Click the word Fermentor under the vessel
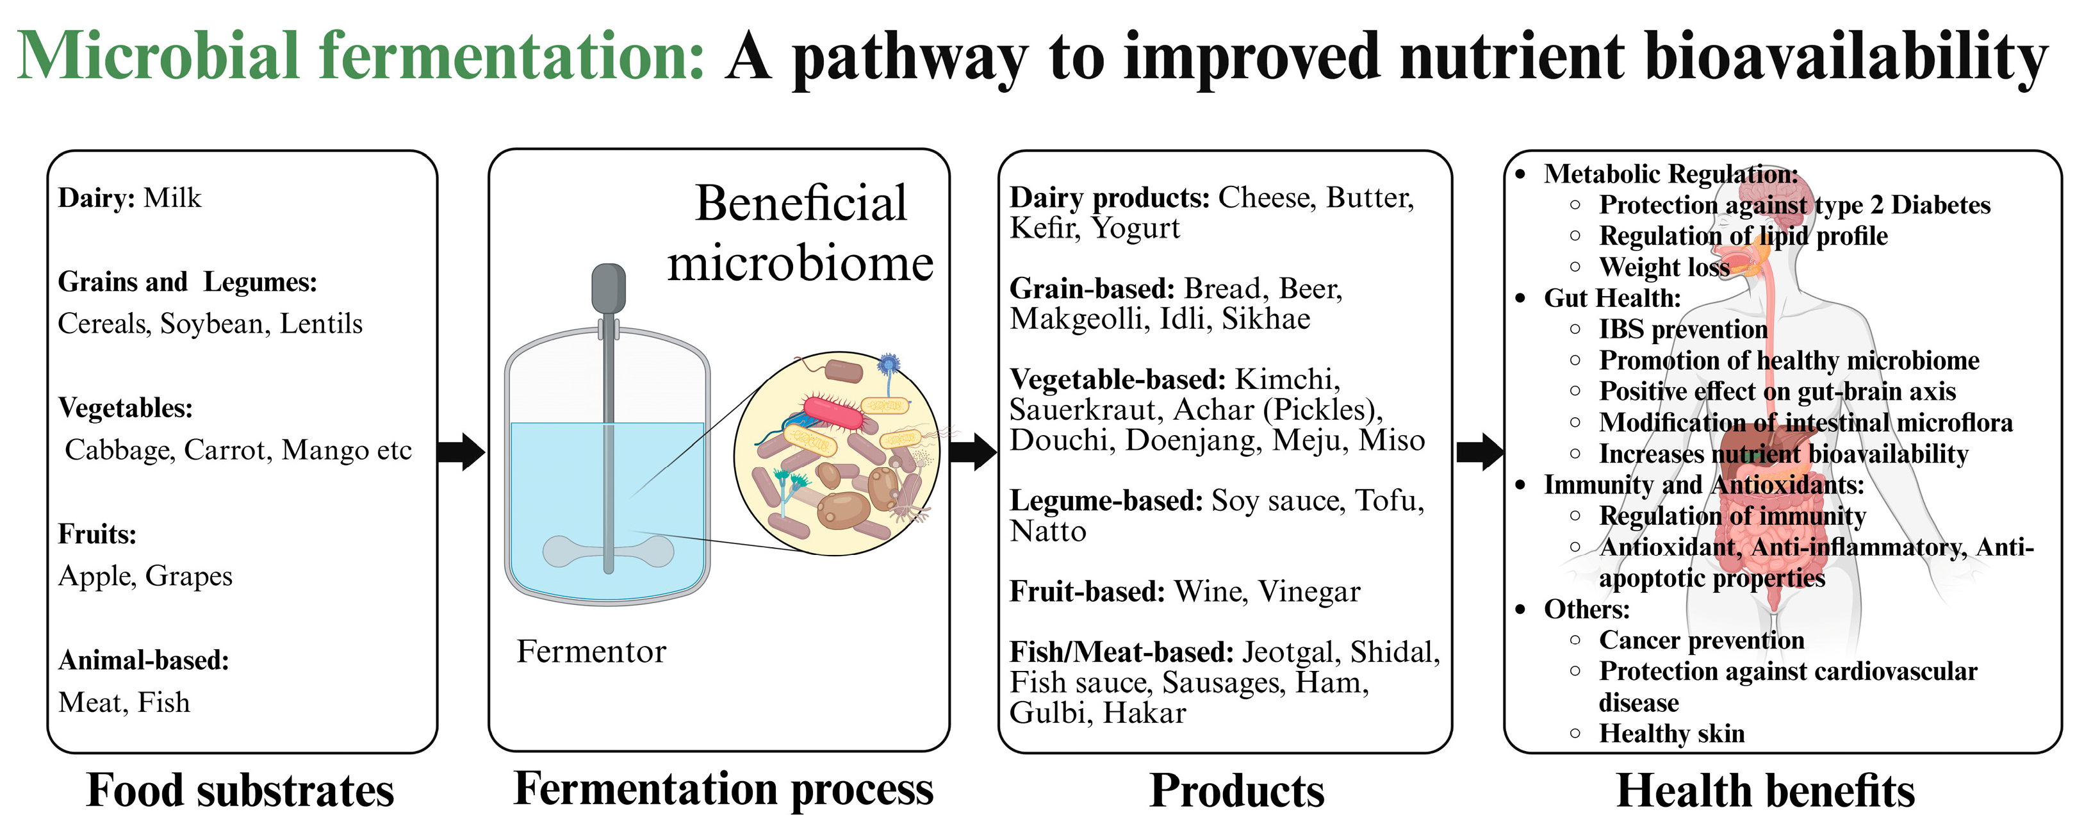591,651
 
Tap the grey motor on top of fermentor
609,288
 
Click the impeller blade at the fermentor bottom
609,552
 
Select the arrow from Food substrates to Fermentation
461,451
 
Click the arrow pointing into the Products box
973,451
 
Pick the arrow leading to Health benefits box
1480,451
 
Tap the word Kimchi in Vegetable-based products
1287,379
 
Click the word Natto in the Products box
1047,531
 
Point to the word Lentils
321,324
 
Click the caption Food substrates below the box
240,790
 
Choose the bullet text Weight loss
1664,267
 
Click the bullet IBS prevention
1683,329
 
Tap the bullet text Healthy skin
1671,733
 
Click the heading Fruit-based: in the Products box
1087,592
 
